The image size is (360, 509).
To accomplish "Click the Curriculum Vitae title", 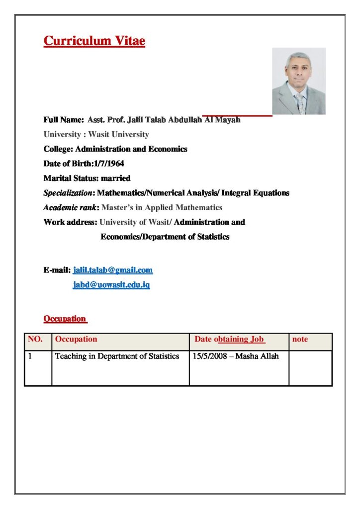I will (94, 41).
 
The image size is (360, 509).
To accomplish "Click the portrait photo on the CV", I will (299, 81).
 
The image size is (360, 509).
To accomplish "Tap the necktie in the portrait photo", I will (300, 103).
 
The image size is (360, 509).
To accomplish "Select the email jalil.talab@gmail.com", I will (113, 270).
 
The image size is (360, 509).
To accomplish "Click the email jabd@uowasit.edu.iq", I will (111, 285).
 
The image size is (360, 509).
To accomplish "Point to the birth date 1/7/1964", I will (109, 164).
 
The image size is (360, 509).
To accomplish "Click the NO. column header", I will (35, 339).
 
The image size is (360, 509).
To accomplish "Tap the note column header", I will (300, 339).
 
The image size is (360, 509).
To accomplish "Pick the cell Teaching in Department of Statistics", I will (117, 356).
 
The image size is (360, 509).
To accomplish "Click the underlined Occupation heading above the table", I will (65, 318).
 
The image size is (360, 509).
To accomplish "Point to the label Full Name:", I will (64, 120).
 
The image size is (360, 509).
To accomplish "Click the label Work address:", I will (70, 222).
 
